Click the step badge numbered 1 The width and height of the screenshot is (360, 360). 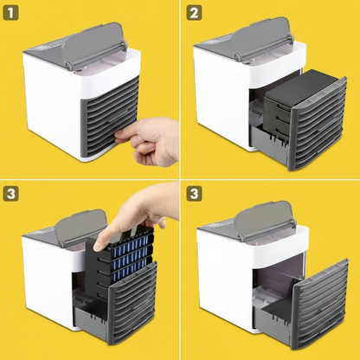click(x=10, y=13)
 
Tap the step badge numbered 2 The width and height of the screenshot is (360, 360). click(x=194, y=13)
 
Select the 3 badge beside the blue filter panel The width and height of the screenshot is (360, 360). click(x=10, y=194)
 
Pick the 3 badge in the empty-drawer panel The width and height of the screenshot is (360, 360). click(x=194, y=194)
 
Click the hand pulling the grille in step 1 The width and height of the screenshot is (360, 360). click(x=150, y=141)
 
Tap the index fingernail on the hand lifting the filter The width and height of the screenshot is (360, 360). click(x=98, y=246)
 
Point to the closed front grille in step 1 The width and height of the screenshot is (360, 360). click(x=110, y=115)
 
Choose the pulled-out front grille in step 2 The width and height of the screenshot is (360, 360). click(x=318, y=123)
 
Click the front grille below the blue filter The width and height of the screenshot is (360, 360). click(x=132, y=303)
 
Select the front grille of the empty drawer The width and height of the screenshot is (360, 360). click(x=320, y=303)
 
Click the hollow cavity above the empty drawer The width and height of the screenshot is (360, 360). click(x=279, y=271)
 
